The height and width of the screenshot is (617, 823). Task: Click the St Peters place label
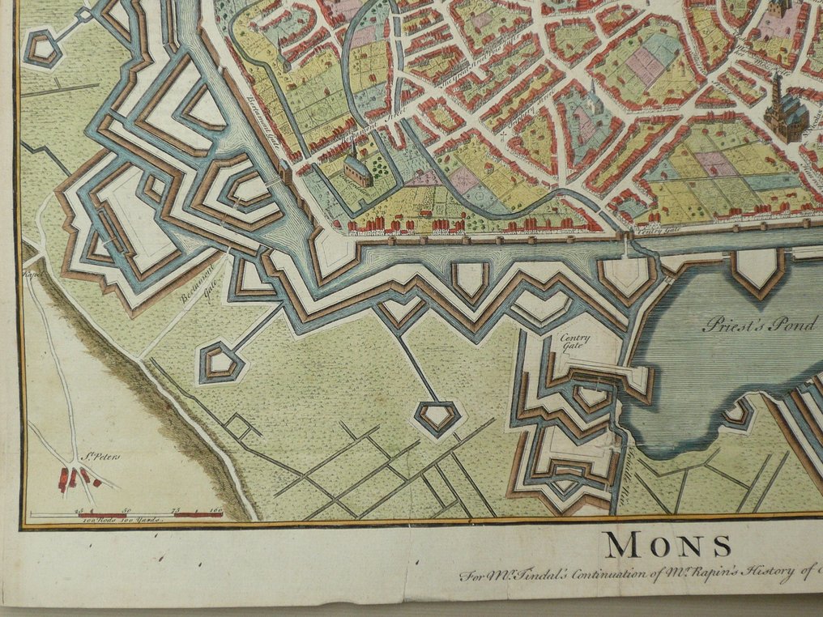pos(102,457)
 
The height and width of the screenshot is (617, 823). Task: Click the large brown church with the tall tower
pos(783,109)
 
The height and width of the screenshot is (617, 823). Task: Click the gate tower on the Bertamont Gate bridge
pos(286,172)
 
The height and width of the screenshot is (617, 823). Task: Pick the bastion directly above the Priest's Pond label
pos(758,270)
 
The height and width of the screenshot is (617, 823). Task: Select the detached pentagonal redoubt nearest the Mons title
pos(437,417)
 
